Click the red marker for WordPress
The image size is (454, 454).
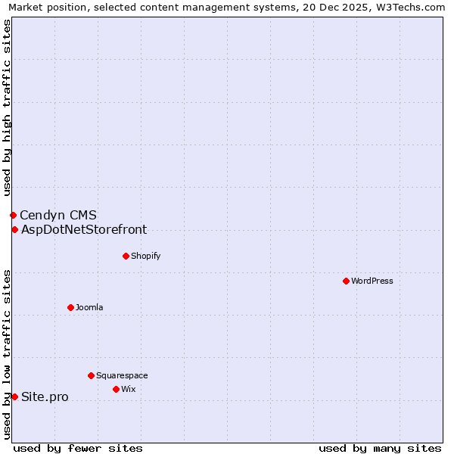tap(346, 281)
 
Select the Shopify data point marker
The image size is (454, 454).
tap(126, 256)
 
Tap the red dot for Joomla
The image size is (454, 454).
tap(70, 307)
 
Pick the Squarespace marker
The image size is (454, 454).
tap(91, 375)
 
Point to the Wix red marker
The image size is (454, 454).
tap(116, 389)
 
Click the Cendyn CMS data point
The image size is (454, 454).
tap(13, 216)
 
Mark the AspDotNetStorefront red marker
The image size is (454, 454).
tap(14, 229)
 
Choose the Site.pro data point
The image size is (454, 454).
tap(14, 396)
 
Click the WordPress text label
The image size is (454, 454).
tap(372, 281)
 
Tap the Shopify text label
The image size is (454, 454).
tap(146, 256)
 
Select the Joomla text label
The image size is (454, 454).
tap(89, 307)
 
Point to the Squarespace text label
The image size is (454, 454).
tap(122, 375)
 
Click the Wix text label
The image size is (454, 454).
tap(129, 389)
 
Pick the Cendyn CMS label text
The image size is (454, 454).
tap(58, 216)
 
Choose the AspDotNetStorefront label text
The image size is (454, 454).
tap(84, 229)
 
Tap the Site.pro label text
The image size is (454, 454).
tap(45, 396)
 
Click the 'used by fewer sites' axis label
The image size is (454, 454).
tap(78, 448)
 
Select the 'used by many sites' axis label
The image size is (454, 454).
tap(380, 448)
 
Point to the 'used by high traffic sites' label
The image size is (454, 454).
tap(8, 107)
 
